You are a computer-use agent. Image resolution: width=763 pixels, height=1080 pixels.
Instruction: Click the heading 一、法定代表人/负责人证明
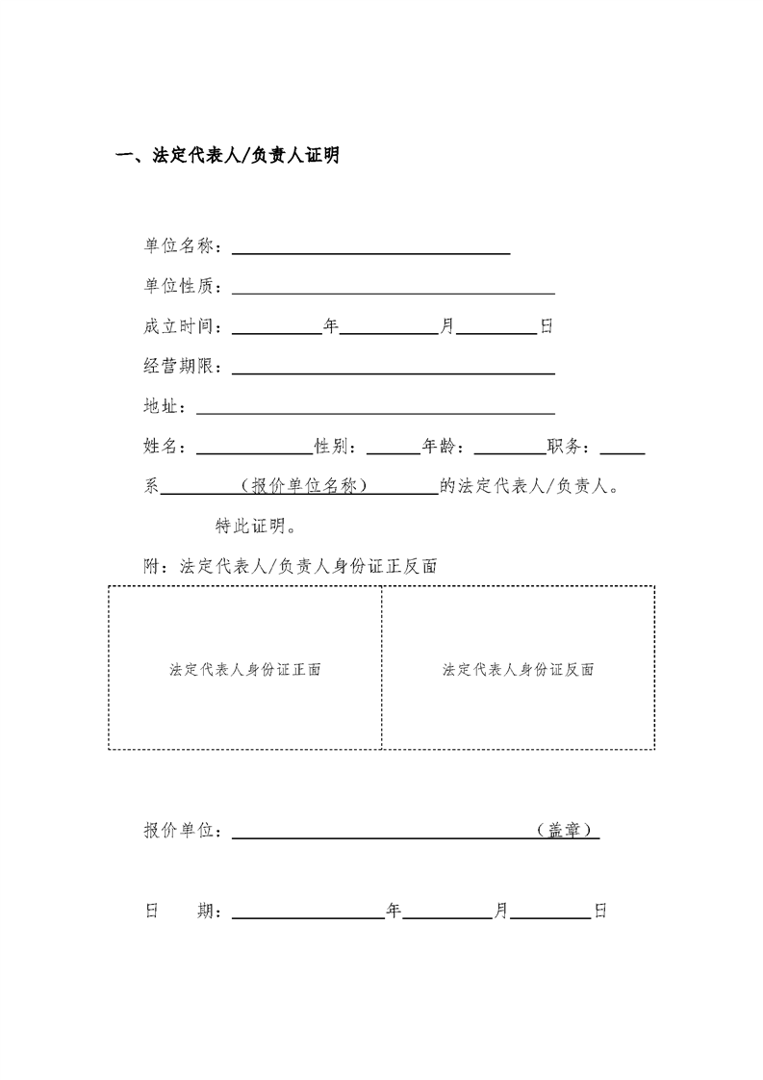227,156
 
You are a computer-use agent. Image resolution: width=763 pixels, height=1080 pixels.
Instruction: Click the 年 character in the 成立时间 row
331,326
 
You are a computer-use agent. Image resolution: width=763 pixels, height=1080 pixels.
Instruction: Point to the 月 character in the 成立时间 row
446,326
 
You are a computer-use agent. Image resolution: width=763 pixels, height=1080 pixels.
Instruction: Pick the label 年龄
441,448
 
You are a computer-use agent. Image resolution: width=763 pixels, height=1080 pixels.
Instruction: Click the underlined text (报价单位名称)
303,487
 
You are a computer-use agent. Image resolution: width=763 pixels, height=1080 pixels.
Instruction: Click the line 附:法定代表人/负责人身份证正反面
291,567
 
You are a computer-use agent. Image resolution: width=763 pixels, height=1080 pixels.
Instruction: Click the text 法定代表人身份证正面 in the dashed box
244,670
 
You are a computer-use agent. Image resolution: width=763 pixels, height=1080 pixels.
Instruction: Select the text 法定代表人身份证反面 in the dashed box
518,670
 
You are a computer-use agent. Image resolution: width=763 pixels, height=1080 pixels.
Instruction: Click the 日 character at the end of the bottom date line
600,911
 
